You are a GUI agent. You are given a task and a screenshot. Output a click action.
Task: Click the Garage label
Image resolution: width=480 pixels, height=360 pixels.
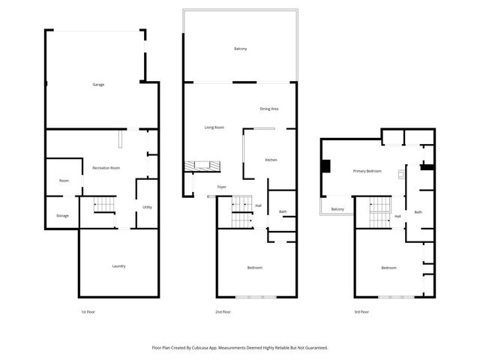point(98,85)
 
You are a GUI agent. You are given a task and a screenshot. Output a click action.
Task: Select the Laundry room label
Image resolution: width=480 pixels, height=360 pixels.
point(118,266)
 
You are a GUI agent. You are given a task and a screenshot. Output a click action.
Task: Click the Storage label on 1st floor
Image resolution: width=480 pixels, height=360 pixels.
point(62,216)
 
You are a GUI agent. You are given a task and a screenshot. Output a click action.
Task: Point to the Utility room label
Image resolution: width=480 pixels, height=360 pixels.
point(148,208)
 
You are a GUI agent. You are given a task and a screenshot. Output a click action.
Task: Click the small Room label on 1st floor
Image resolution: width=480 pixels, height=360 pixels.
point(64,181)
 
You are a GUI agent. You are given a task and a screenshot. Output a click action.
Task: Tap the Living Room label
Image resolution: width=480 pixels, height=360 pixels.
point(214,127)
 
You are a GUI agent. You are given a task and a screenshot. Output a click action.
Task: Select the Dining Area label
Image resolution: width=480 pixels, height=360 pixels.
point(269,109)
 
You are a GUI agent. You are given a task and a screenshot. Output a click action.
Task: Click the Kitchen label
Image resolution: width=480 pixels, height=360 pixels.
point(271,160)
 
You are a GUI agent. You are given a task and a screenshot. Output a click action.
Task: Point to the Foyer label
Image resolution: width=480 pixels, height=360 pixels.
point(222,187)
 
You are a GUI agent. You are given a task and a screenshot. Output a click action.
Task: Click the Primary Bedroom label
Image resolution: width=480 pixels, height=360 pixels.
point(367,172)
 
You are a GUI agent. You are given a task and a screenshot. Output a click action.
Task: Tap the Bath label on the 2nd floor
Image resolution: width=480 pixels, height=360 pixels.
point(283,212)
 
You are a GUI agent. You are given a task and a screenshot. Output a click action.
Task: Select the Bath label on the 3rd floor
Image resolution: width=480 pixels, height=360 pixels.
point(418,212)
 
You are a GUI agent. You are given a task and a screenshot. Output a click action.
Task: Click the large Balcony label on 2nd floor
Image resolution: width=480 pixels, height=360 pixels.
point(240,49)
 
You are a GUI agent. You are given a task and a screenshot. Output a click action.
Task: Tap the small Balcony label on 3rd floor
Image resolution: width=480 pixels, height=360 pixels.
point(337,209)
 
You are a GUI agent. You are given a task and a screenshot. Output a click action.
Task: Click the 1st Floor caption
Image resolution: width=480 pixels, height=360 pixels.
point(88,311)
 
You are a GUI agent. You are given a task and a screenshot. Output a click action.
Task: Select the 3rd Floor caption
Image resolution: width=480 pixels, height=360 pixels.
point(362,311)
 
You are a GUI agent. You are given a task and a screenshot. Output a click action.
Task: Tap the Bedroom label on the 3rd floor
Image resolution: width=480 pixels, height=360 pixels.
point(388,268)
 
